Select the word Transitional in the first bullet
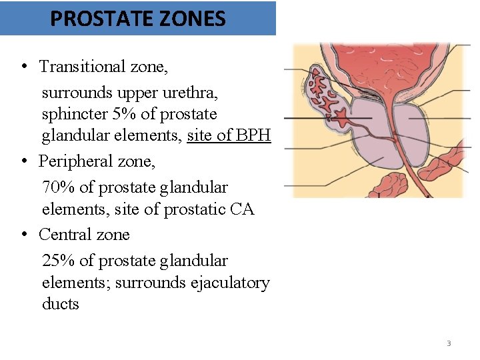coord(81,66)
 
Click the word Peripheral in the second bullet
coord(74,161)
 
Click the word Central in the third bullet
coord(63,235)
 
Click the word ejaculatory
coord(227,283)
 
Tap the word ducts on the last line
coord(60,304)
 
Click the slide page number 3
coord(449,343)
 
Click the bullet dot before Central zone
coord(23,235)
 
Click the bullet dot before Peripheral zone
coord(23,161)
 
